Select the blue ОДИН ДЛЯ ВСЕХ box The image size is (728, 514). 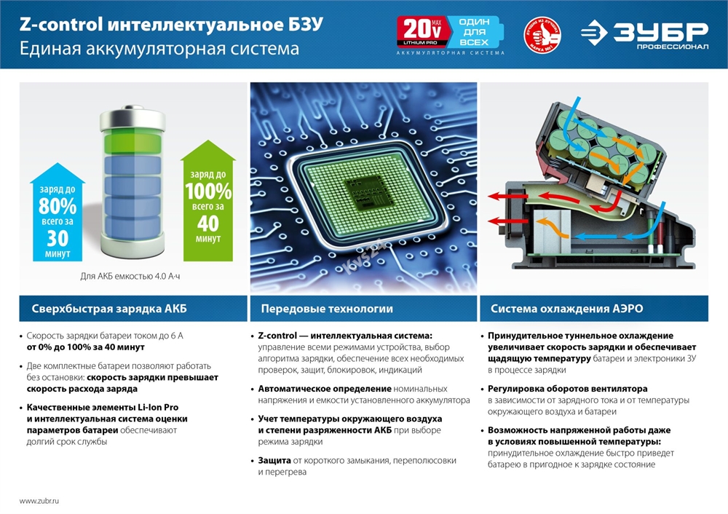[473, 31]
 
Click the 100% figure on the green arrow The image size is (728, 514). [207, 191]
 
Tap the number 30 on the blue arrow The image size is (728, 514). [58, 238]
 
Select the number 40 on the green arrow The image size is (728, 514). [207, 224]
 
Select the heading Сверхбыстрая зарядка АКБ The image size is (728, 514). [109, 309]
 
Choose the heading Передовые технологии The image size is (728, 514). [327, 309]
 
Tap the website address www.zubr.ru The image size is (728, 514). [39, 502]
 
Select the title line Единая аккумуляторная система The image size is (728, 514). [159, 50]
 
